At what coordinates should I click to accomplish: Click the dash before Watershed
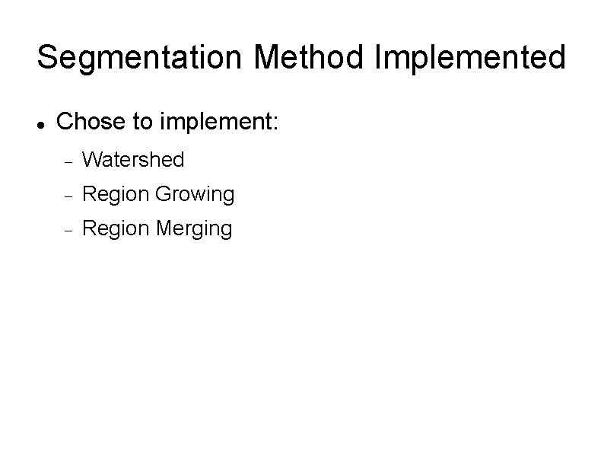(x=68, y=161)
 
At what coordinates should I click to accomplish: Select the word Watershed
(x=133, y=160)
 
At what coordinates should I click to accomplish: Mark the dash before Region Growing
(x=68, y=196)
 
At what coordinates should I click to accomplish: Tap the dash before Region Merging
(x=68, y=230)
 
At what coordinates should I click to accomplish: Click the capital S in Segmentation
(x=47, y=57)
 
